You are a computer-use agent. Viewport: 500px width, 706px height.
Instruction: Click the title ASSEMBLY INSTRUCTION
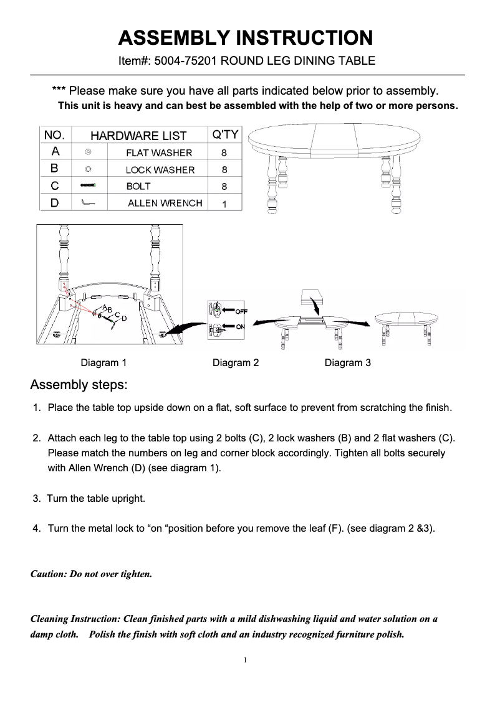click(246, 38)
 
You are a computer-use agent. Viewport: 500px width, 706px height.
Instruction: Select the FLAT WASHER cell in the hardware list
click(159, 153)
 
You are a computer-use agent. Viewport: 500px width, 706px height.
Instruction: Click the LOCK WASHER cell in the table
click(160, 169)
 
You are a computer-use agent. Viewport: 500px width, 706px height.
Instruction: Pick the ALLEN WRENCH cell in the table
click(165, 203)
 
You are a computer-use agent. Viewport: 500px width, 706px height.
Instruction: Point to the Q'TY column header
click(224, 135)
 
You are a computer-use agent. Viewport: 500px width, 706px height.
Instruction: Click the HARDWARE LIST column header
click(138, 136)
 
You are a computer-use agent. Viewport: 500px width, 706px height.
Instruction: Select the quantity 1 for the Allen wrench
click(224, 204)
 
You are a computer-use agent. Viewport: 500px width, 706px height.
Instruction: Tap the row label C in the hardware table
click(55, 186)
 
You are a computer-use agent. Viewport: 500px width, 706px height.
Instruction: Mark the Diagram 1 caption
click(103, 362)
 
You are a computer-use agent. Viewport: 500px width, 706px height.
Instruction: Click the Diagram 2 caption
click(235, 362)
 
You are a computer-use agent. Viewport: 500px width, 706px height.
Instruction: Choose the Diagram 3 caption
click(347, 362)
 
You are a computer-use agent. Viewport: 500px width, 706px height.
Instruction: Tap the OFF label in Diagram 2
click(241, 311)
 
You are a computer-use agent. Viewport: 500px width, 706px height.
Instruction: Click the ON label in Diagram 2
click(240, 327)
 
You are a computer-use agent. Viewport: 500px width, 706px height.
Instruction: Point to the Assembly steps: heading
click(79, 385)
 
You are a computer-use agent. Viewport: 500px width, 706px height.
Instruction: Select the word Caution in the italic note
click(47, 574)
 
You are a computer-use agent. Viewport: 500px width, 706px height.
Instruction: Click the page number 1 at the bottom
click(247, 659)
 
